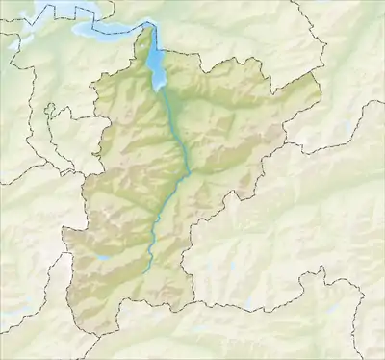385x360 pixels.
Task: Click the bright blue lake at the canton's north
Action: click(x=158, y=69)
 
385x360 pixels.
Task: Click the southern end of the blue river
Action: click(x=146, y=272)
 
